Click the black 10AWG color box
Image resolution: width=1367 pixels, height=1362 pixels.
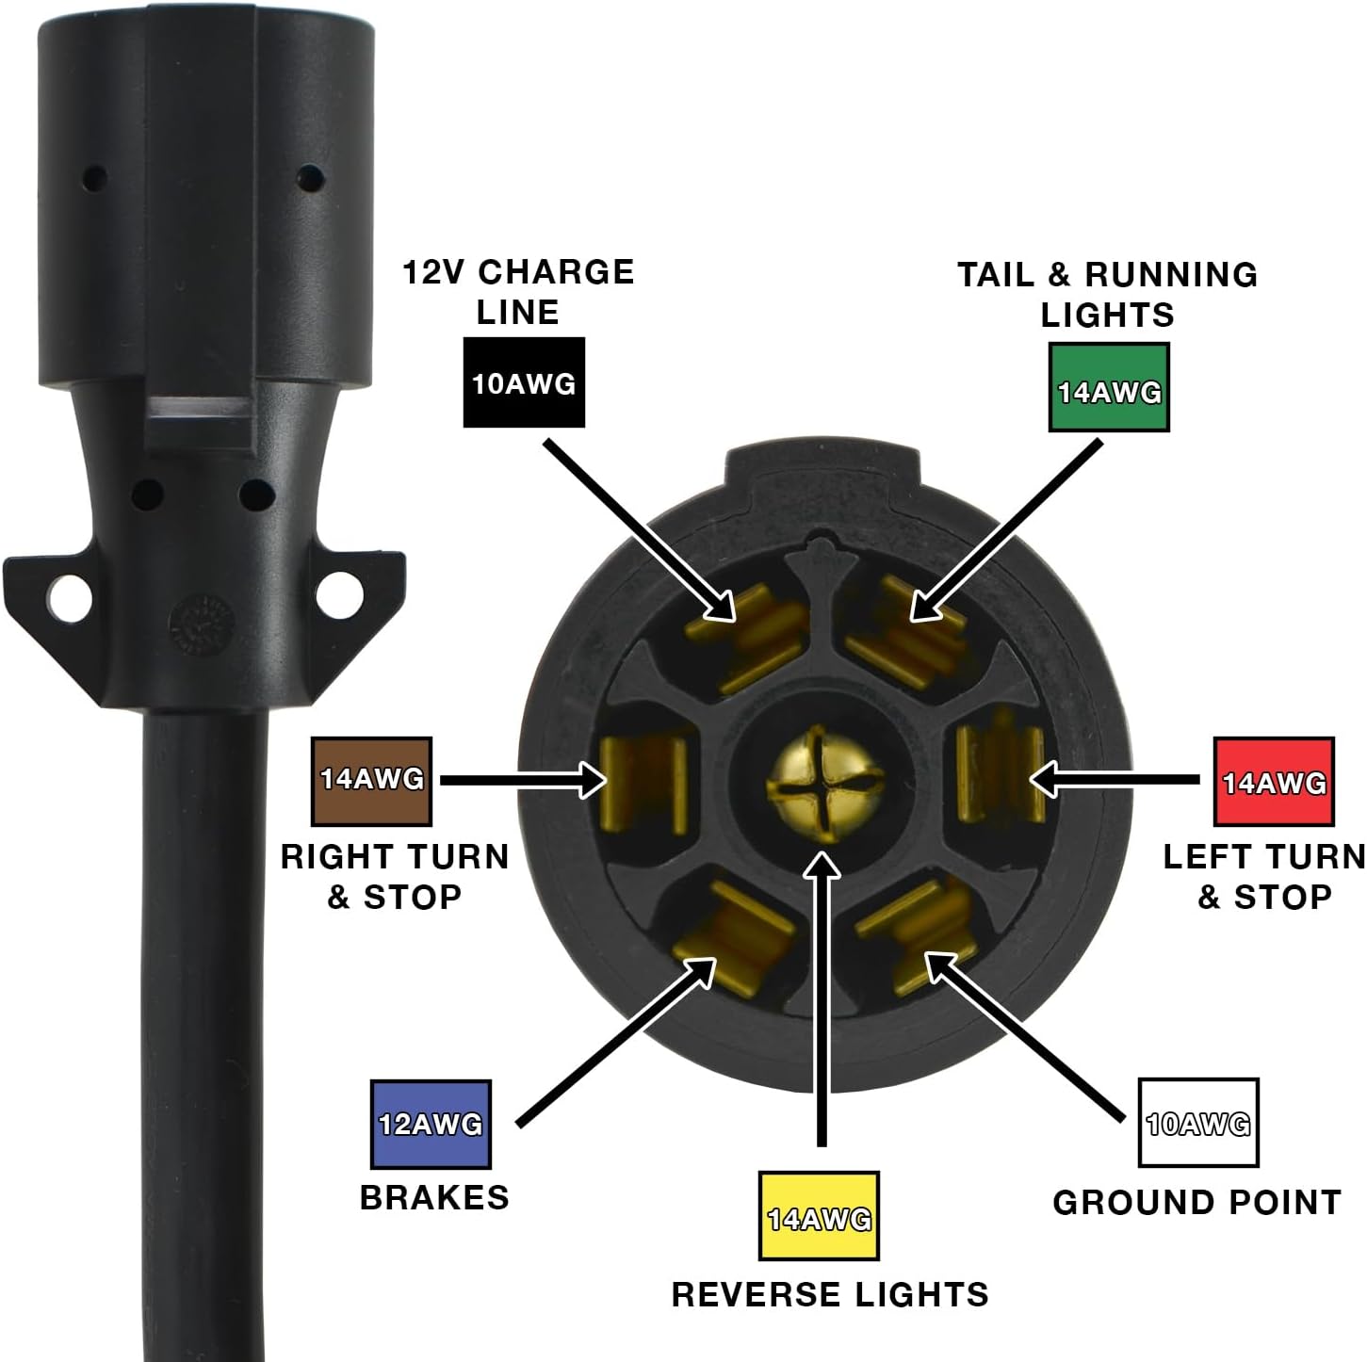tap(524, 382)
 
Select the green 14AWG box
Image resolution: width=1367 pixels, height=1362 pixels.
tap(1109, 387)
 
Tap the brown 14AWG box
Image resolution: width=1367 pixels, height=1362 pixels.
tap(372, 782)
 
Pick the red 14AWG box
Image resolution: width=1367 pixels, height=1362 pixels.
tap(1274, 782)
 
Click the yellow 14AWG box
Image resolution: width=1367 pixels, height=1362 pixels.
tap(819, 1215)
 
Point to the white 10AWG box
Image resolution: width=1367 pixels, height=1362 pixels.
tap(1198, 1123)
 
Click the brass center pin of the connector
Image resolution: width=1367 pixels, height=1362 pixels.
tap(822, 785)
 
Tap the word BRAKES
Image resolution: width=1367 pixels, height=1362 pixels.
tap(435, 1198)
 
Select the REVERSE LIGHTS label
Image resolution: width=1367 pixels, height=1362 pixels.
tap(830, 1294)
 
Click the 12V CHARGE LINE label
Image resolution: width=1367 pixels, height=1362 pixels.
tap(518, 292)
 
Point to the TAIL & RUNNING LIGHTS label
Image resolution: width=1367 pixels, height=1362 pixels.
tap(1108, 295)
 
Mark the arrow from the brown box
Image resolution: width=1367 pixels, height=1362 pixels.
tap(524, 781)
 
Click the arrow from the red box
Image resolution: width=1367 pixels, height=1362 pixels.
tap(1115, 780)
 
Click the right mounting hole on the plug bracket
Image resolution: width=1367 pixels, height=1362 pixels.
tap(335, 593)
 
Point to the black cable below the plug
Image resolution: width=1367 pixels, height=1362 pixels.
tap(205, 1036)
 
